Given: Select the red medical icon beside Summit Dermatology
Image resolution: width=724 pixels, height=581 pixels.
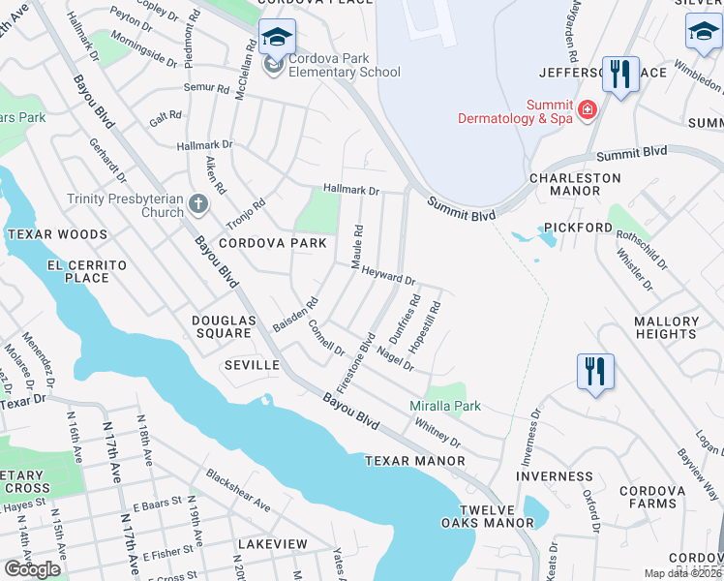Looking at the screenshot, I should coord(587,111).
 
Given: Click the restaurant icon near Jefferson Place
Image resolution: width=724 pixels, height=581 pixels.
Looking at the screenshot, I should coord(619,74).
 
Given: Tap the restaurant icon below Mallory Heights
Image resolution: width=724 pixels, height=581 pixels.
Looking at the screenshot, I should coord(594,371).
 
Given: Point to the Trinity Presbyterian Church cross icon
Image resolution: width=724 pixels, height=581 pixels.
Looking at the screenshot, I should coord(197,204).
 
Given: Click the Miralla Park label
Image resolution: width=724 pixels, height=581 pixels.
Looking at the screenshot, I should coord(445,406).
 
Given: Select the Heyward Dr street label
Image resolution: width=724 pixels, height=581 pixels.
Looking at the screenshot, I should coord(388,276).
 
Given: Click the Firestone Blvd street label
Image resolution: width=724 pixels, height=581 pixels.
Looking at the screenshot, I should coord(354,361).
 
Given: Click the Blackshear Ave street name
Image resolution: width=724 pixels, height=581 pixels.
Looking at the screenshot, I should coord(237,490).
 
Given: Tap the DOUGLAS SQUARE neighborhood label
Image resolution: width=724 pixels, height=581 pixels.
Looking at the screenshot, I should coord(222,326).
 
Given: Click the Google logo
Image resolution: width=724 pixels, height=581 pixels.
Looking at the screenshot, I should coord(33,569).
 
